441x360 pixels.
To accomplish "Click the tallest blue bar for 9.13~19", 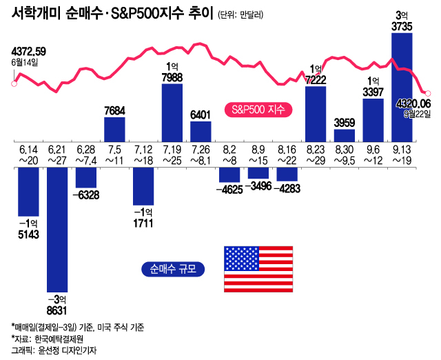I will coord(402,87).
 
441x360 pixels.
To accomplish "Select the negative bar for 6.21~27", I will coord(57,228).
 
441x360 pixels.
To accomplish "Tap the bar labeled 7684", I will coord(114,129).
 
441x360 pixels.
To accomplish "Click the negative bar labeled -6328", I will coord(86,177).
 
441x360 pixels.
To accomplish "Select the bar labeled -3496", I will coord(258,173).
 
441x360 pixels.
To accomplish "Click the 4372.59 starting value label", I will coord(29,51).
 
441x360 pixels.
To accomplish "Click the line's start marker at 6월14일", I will coord(14,84).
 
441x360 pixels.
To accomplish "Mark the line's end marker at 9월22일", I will coord(428,93).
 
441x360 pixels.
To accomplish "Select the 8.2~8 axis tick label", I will coord(229,154).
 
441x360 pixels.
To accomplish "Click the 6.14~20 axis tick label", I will coord(28,154).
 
